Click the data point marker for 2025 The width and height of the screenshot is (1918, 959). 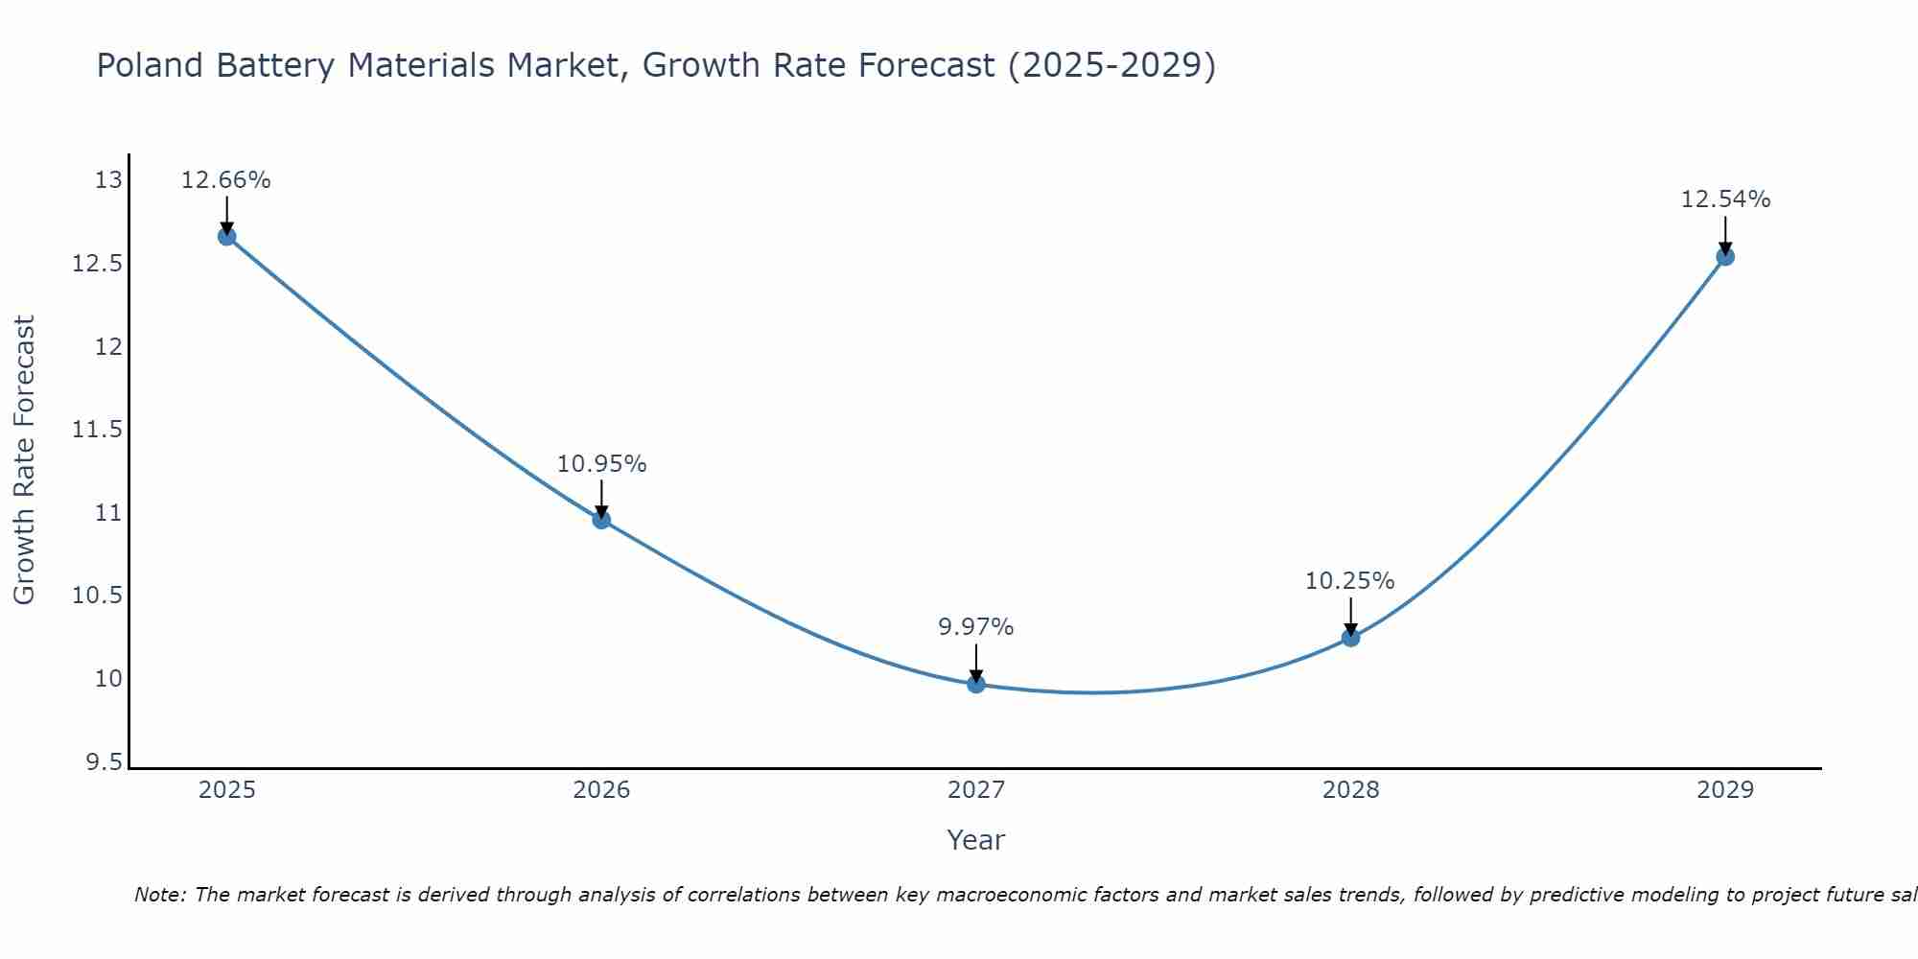pos(227,237)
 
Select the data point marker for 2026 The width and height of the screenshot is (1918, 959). pos(601,520)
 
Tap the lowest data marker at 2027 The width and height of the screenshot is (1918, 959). pos(976,684)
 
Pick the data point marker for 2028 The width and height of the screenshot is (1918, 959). pos(1350,637)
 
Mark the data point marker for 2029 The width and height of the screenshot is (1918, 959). pos(1725,256)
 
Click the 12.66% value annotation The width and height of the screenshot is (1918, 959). pos(226,180)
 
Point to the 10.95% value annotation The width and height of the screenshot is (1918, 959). pos(601,464)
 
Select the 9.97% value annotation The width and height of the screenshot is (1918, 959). pos(975,627)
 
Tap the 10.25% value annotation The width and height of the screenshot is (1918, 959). pos(1349,581)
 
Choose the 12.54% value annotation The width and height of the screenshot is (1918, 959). pos(1725,199)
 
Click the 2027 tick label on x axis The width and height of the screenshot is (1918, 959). pos(976,790)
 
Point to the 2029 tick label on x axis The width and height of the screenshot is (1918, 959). pos(1725,790)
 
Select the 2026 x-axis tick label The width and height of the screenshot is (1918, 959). pos(601,790)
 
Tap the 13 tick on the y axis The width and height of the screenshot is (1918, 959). pos(109,180)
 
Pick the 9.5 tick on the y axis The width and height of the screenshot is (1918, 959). pos(104,762)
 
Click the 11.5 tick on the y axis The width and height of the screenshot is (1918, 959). pos(98,430)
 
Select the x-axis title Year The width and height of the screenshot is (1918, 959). pos(975,840)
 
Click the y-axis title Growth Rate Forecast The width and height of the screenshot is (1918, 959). pos(24,460)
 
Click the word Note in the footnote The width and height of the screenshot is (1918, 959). pos(152,895)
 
